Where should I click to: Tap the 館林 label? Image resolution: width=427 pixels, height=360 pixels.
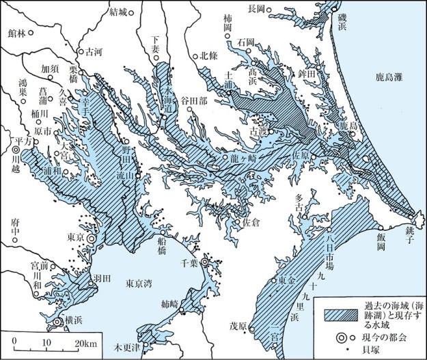point(20,32)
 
